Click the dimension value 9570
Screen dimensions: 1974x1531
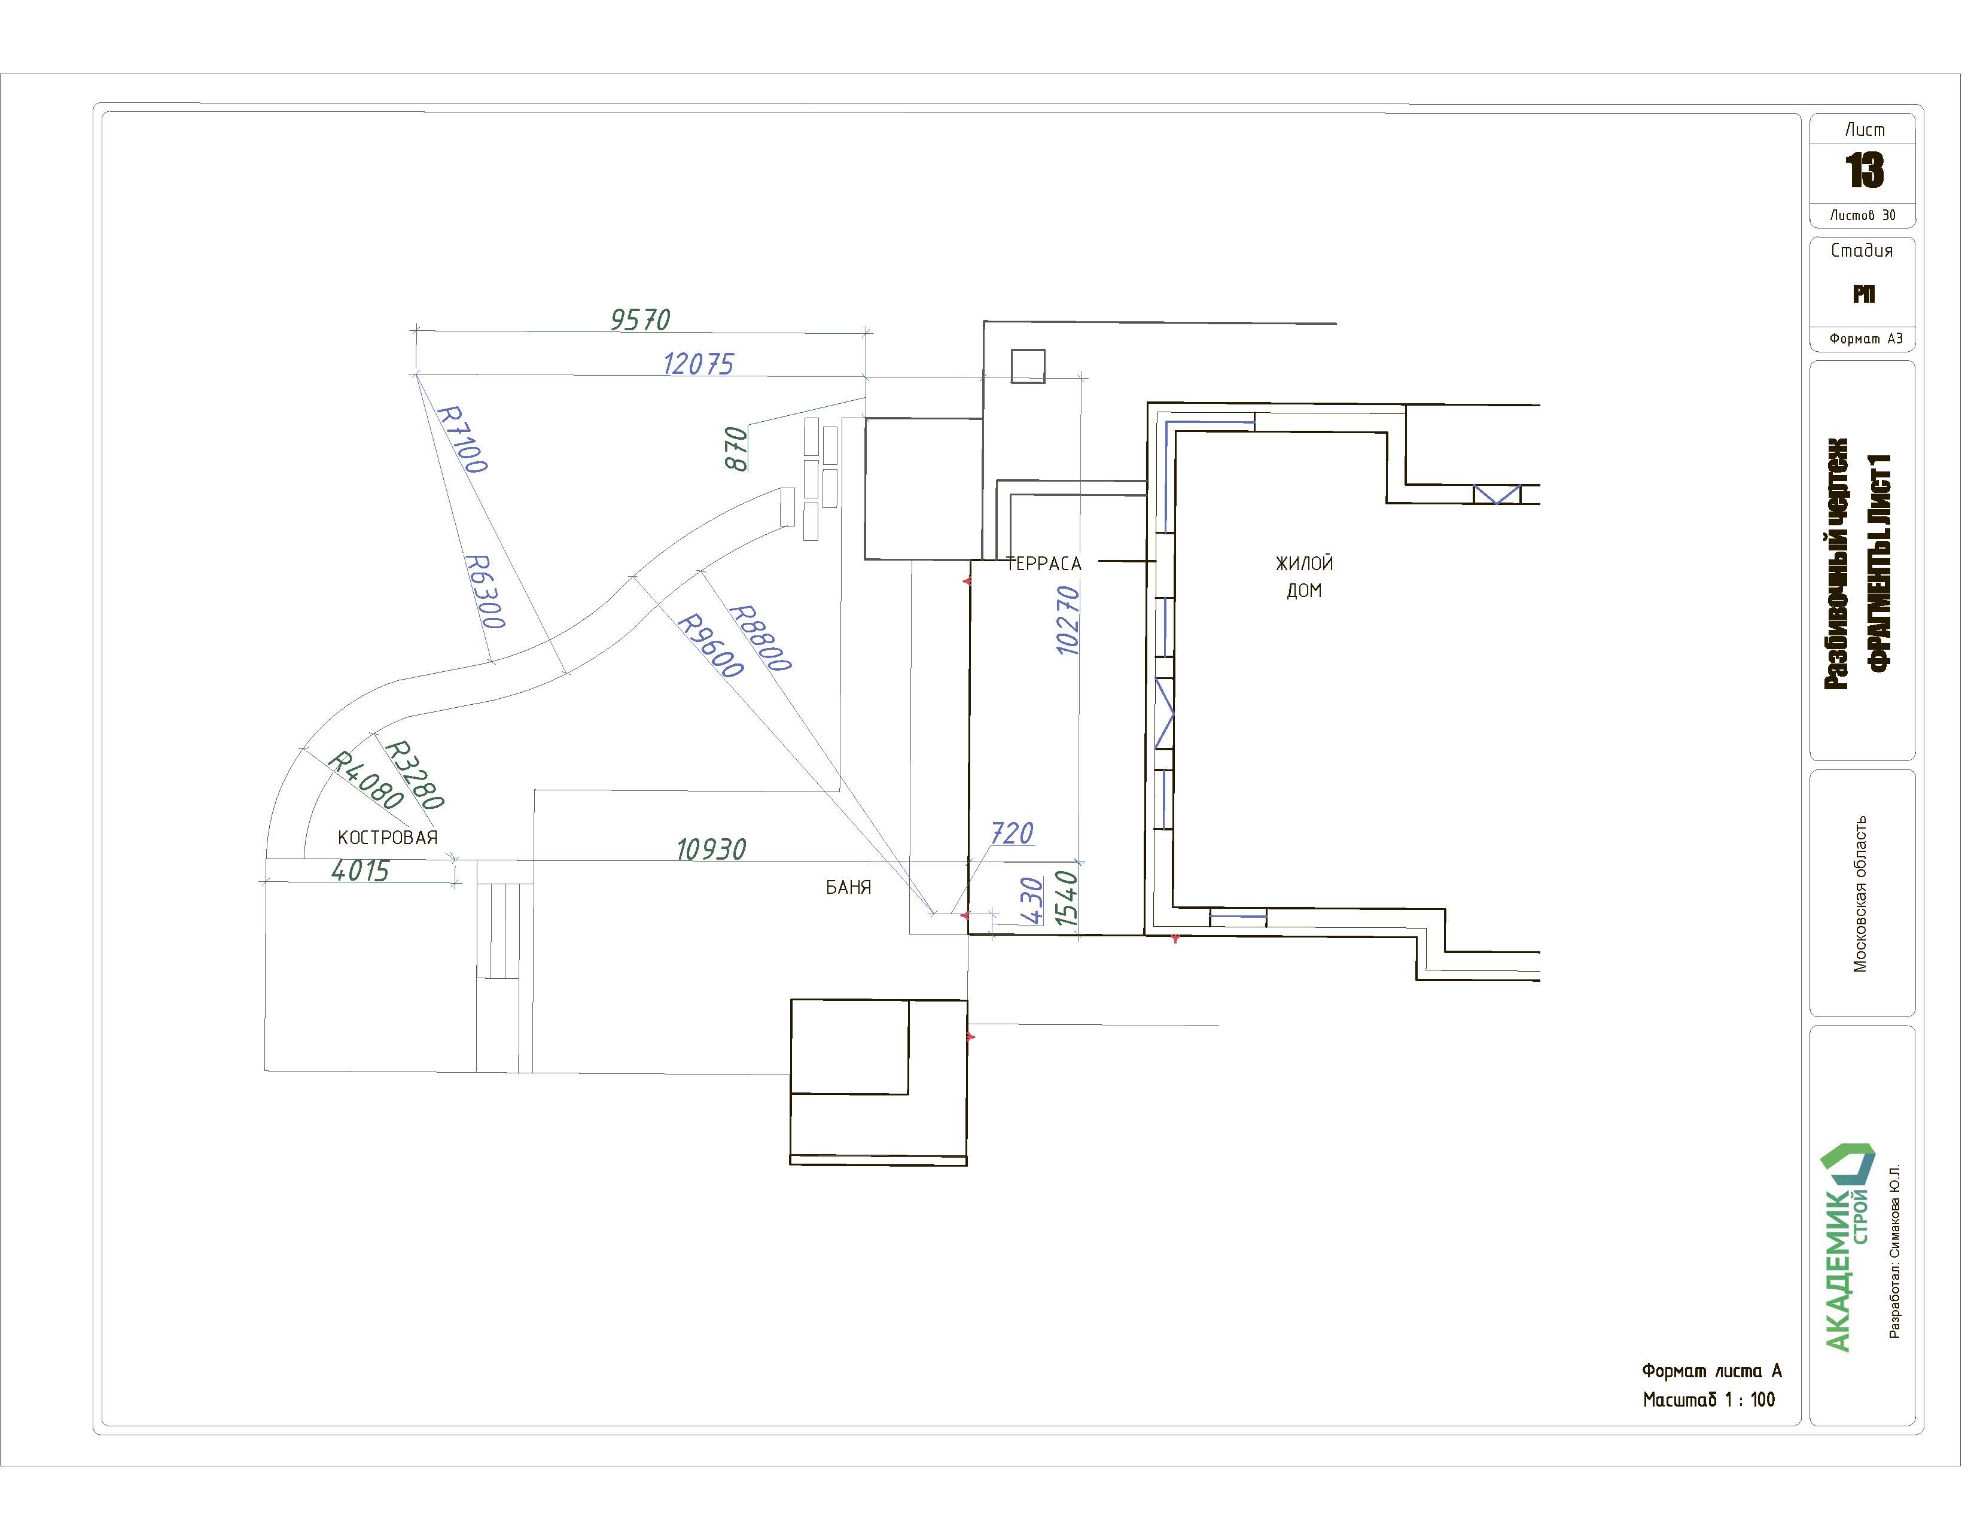[640, 319]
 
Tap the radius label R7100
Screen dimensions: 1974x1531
[462, 439]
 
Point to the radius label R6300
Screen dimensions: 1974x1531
[485, 591]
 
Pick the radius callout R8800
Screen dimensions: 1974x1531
[759, 638]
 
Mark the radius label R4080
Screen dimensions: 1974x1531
[364, 780]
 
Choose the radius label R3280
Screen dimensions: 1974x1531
[414, 775]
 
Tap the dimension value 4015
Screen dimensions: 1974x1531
[361, 870]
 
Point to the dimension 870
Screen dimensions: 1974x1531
[736, 449]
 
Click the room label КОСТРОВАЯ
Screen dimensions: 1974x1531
[388, 838]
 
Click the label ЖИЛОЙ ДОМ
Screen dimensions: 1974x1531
[1304, 577]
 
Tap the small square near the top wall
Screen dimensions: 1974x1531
[1028, 366]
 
